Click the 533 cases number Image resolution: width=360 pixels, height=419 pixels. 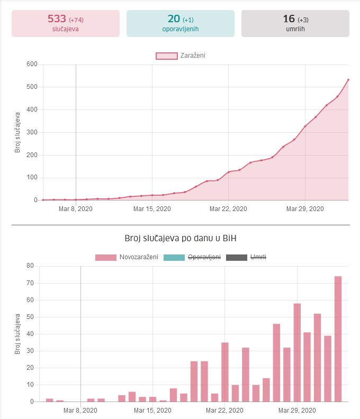pyautogui.click(x=57, y=19)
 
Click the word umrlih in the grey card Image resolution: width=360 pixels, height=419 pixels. pyautogui.click(x=295, y=29)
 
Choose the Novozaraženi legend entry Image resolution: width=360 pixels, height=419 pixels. pyautogui.click(x=127, y=257)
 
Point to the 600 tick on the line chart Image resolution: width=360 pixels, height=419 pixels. pyautogui.click(x=31, y=65)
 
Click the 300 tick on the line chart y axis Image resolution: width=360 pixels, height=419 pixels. pyautogui.click(x=31, y=132)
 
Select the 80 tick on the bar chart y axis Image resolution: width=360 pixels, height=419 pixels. pyautogui.click(x=30, y=266)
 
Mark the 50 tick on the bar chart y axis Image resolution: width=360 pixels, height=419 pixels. pyautogui.click(x=30, y=317)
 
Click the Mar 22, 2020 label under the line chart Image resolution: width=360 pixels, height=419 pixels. pyautogui.click(x=228, y=209)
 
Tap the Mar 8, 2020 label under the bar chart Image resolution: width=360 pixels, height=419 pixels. pyautogui.click(x=80, y=410)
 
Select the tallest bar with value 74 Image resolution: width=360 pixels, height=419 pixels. pyautogui.click(x=338, y=339)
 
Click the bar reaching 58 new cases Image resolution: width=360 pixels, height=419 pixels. pyautogui.click(x=297, y=352)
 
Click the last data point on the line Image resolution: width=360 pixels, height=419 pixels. pyautogui.click(x=348, y=80)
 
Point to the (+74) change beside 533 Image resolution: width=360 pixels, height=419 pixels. pyautogui.click(x=76, y=20)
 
